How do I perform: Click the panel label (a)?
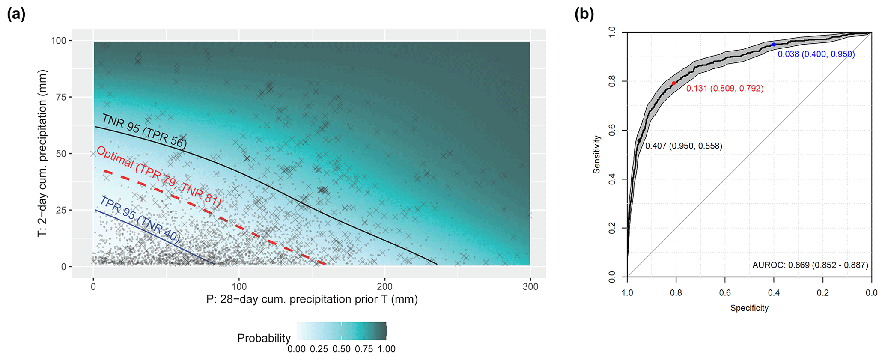(17, 15)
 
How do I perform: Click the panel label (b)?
(584, 15)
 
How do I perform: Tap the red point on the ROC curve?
(674, 83)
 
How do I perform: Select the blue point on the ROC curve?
(774, 45)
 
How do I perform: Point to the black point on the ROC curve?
(639, 140)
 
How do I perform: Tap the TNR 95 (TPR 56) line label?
(144, 131)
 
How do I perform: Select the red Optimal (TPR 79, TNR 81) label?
(158, 177)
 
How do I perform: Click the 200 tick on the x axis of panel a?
(384, 286)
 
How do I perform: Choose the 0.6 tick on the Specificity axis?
(725, 293)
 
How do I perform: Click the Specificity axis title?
(749, 308)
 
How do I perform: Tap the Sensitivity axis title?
(597, 155)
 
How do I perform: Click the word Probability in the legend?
(264, 338)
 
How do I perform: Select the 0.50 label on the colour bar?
(341, 349)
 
